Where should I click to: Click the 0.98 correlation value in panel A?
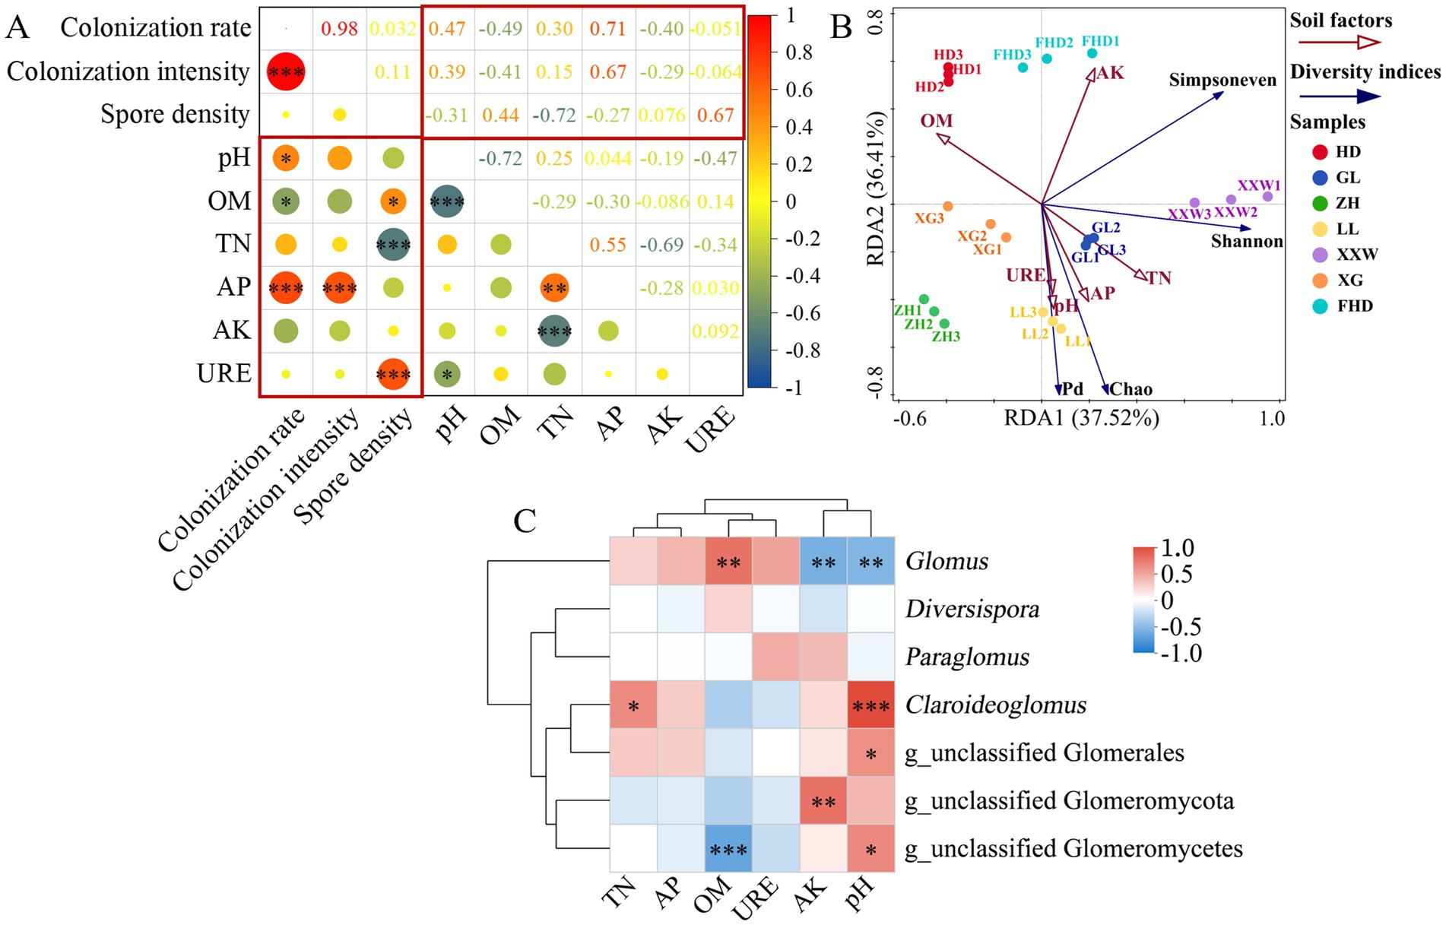pyautogui.click(x=339, y=29)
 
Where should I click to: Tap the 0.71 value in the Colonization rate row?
pyautogui.click(x=607, y=29)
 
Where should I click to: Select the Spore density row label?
pyautogui.click(x=175, y=114)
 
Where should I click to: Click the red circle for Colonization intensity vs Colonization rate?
pyautogui.click(x=286, y=72)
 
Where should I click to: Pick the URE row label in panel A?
pyautogui.click(x=224, y=373)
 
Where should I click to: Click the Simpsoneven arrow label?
pyautogui.click(x=1222, y=80)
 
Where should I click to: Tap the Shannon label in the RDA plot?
pyautogui.click(x=1247, y=241)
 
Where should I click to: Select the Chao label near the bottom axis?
pyautogui.click(x=1130, y=389)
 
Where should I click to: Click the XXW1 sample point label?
pyautogui.click(x=1259, y=185)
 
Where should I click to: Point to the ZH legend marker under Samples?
pyautogui.click(x=1320, y=203)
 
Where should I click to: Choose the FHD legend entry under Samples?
pyautogui.click(x=1355, y=306)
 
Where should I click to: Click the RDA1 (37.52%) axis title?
pyautogui.click(x=1081, y=418)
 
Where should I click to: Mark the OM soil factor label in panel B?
pyautogui.click(x=936, y=121)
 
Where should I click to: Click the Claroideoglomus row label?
pyautogui.click(x=995, y=705)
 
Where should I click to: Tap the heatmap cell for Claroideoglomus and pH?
pyautogui.click(x=870, y=705)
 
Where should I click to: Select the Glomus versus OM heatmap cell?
pyautogui.click(x=728, y=562)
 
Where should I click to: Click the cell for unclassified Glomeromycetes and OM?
pyautogui.click(x=728, y=848)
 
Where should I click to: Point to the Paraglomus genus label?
pyautogui.click(x=967, y=657)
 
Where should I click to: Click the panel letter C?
pyautogui.click(x=525, y=521)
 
